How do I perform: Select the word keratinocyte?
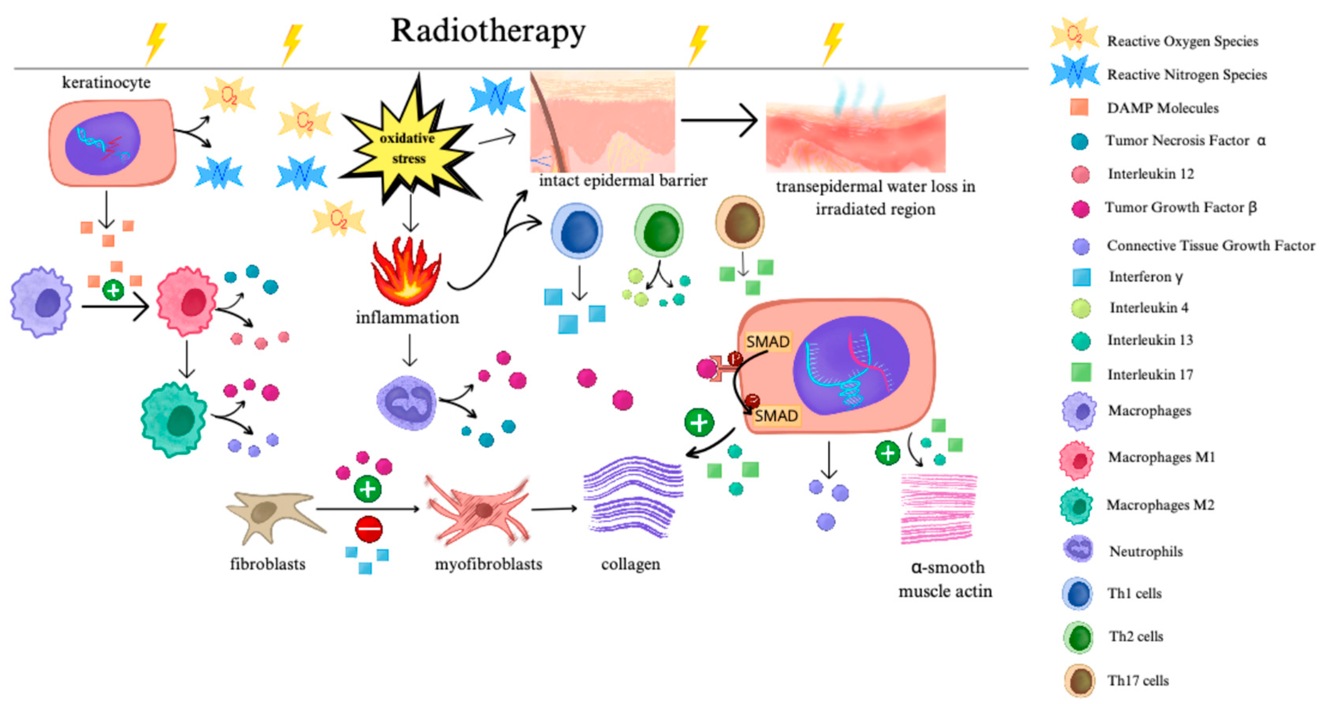click(106, 82)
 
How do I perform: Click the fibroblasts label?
click(268, 564)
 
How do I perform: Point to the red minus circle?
click(369, 529)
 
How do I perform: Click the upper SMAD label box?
click(768, 341)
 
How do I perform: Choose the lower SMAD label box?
click(776, 415)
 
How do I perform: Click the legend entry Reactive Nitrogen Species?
click(1186, 75)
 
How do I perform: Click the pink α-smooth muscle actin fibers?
click(938, 508)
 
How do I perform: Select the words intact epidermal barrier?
click(622, 181)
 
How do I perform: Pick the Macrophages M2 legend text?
click(1160, 505)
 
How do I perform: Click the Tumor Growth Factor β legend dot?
click(1080, 209)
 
